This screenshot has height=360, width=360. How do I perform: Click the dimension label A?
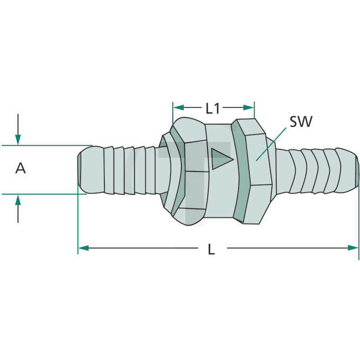click(20, 168)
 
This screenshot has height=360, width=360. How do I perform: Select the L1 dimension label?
click(213, 108)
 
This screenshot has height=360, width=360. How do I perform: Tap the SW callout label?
click(300, 121)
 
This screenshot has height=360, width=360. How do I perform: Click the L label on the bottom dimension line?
click(211, 249)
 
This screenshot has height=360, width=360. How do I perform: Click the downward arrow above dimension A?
click(18, 138)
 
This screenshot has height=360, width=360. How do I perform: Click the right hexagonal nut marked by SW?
click(256, 172)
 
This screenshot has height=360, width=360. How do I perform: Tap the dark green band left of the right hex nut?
click(239, 172)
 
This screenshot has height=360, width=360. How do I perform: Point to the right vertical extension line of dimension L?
click(359, 222)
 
